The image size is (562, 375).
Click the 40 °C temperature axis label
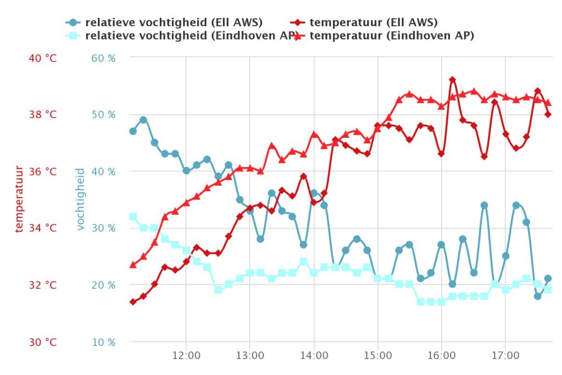click(x=42, y=58)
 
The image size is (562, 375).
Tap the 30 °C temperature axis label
click(x=42, y=342)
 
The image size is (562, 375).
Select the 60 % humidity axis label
click(x=103, y=58)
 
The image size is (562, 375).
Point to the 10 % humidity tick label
click(x=103, y=342)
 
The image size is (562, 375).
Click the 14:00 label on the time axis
click(x=313, y=355)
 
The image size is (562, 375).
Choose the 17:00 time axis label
click(x=505, y=355)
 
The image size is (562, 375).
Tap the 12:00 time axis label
click(x=186, y=355)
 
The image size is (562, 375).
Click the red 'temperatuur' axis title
click(x=20, y=199)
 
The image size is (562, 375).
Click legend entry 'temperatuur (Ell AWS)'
click(x=373, y=23)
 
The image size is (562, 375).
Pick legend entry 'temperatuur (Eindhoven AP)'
click(x=391, y=36)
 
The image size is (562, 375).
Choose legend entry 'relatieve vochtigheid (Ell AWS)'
click(x=173, y=23)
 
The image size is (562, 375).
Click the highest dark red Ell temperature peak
click(x=452, y=80)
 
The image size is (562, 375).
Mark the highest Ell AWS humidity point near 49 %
click(x=143, y=120)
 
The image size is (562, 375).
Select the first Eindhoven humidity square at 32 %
click(x=133, y=216)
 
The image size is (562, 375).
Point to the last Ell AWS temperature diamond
click(x=548, y=114)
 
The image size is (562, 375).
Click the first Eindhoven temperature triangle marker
click(x=133, y=265)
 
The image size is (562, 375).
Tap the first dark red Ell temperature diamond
click(x=133, y=302)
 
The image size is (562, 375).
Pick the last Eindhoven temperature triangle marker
click(x=548, y=103)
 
